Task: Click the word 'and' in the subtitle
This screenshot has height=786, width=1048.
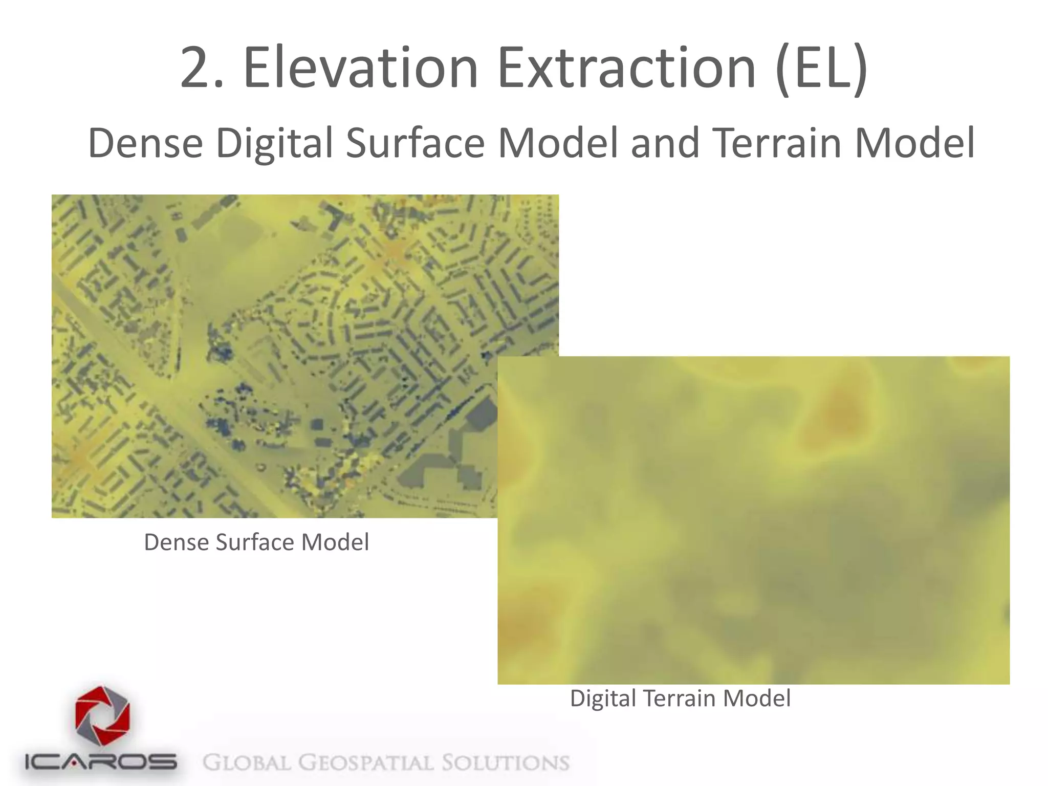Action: pyautogui.click(x=665, y=143)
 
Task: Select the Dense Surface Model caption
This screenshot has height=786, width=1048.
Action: pyautogui.click(x=256, y=542)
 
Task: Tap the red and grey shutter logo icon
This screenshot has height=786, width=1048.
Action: pyautogui.click(x=102, y=716)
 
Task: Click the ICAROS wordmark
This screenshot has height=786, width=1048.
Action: pyautogui.click(x=101, y=762)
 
